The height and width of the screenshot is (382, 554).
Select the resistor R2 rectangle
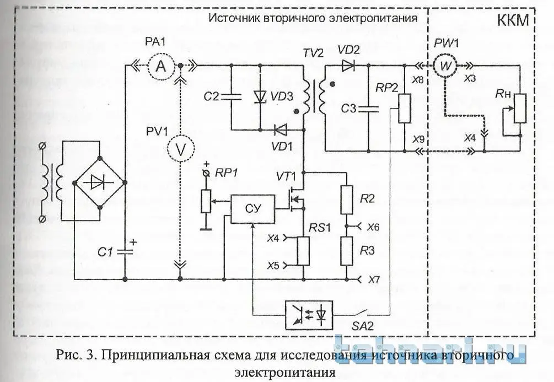(347, 200)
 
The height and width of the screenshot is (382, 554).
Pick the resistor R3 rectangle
(347, 251)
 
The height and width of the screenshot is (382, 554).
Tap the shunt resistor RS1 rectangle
(303, 251)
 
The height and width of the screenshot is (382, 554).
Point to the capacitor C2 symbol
(232, 96)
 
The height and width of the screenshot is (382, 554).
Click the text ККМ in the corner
(513, 21)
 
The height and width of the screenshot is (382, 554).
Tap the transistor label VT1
(287, 177)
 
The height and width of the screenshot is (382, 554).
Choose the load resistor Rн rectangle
(519, 110)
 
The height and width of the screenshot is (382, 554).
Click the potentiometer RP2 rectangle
(405, 108)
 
